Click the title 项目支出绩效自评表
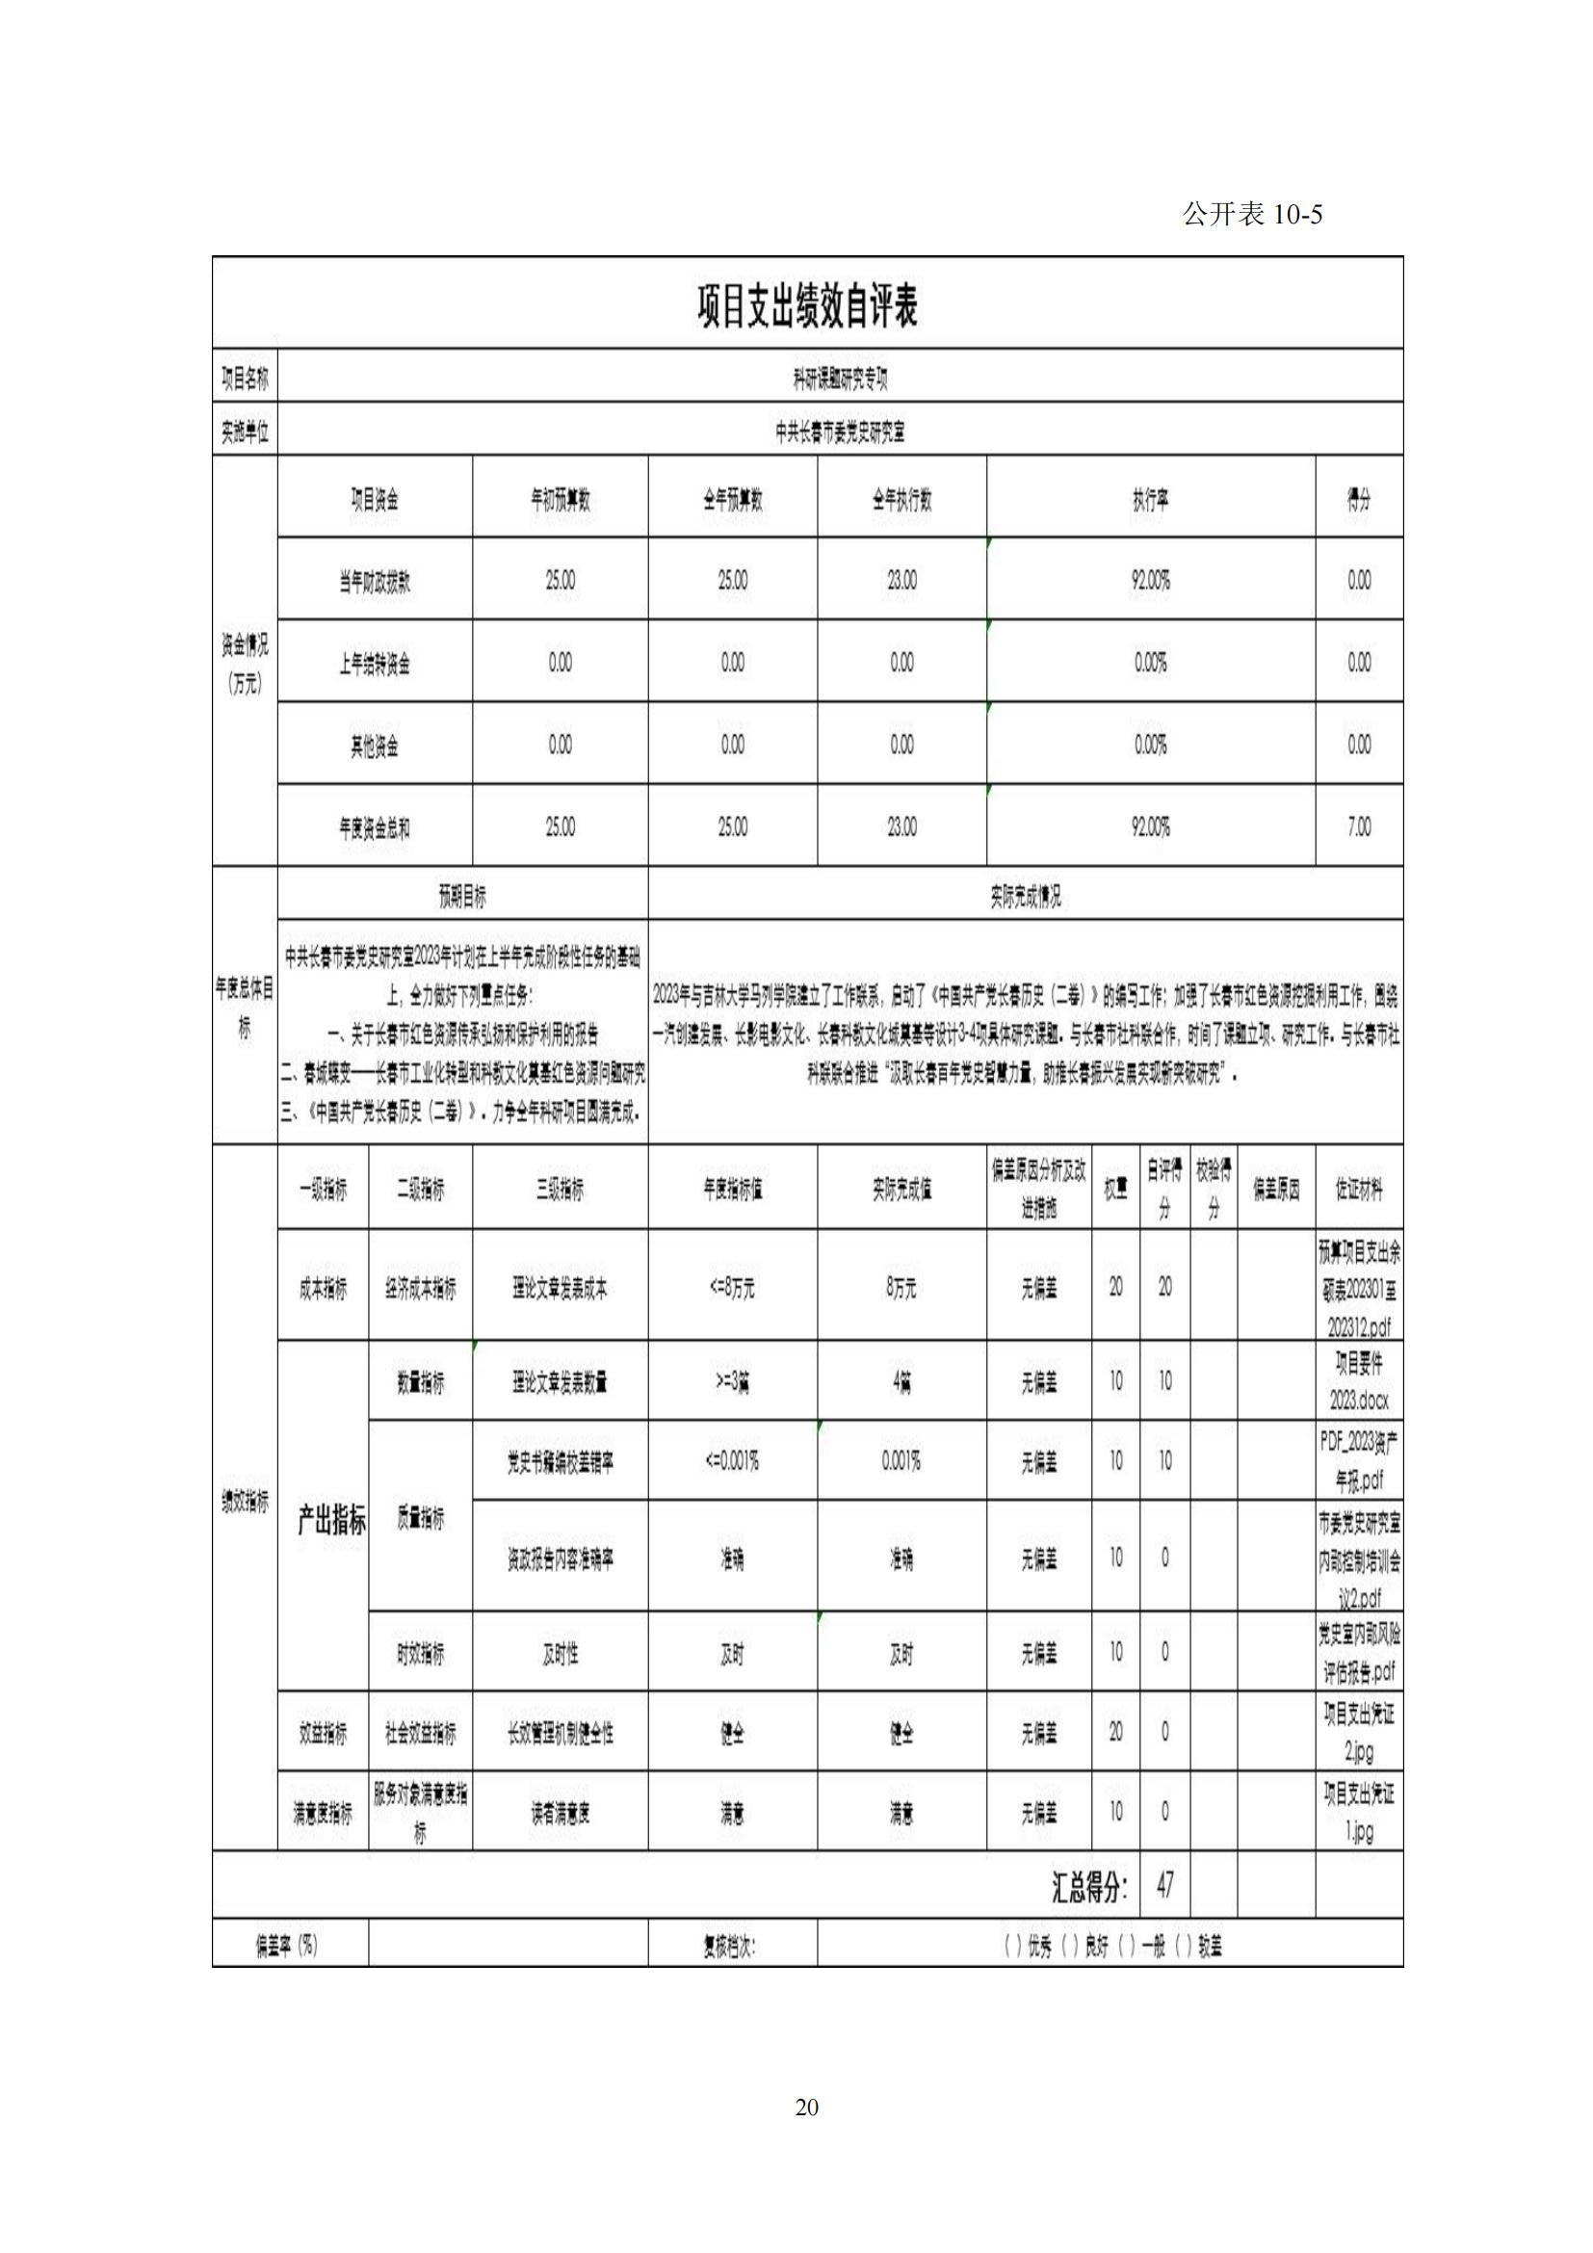806,306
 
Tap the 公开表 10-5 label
1252,215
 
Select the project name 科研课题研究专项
840,379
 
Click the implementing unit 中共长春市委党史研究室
840,432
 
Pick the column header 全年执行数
901,501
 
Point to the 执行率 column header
1150,501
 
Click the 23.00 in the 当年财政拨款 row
901,581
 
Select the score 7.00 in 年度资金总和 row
1359,827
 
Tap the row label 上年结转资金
375,665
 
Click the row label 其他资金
375,747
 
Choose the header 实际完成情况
1025,895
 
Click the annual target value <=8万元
732,1288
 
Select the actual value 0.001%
901,1461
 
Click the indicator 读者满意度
561,1815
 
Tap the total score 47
1164,1885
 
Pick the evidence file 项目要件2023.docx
1359,1381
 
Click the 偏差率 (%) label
287,1946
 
